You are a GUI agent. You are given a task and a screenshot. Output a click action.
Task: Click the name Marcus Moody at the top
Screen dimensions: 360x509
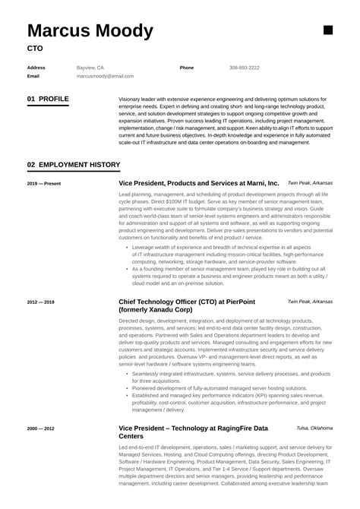(x=90, y=31)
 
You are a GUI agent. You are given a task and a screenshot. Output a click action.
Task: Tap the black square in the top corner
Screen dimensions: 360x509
(x=328, y=30)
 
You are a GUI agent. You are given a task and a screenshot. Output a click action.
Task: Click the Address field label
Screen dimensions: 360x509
(x=36, y=68)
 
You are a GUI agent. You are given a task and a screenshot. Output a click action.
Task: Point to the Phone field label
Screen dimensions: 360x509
(x=187, y=68)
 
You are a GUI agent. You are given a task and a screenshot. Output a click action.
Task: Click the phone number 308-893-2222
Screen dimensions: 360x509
(x=244, y=68)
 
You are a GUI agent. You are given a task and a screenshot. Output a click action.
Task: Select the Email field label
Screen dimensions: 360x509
(x=33, y=76)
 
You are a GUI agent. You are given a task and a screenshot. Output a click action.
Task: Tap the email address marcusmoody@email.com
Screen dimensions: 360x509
(x=105, y=76)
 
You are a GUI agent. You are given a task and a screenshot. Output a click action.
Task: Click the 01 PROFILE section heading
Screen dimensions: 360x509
(x=47, y=99)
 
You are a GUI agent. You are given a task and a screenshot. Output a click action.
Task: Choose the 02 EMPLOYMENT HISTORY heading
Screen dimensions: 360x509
(x=73, y=164)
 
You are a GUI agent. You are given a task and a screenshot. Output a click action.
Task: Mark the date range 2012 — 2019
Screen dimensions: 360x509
(x=40, y=302)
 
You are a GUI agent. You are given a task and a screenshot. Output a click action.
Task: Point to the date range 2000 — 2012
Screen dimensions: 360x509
(x=40, y=429)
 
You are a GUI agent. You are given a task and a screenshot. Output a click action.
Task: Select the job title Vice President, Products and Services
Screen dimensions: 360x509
(x=199, y=184)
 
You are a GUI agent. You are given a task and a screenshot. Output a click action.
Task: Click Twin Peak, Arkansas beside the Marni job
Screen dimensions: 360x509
(x=310, y=183)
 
